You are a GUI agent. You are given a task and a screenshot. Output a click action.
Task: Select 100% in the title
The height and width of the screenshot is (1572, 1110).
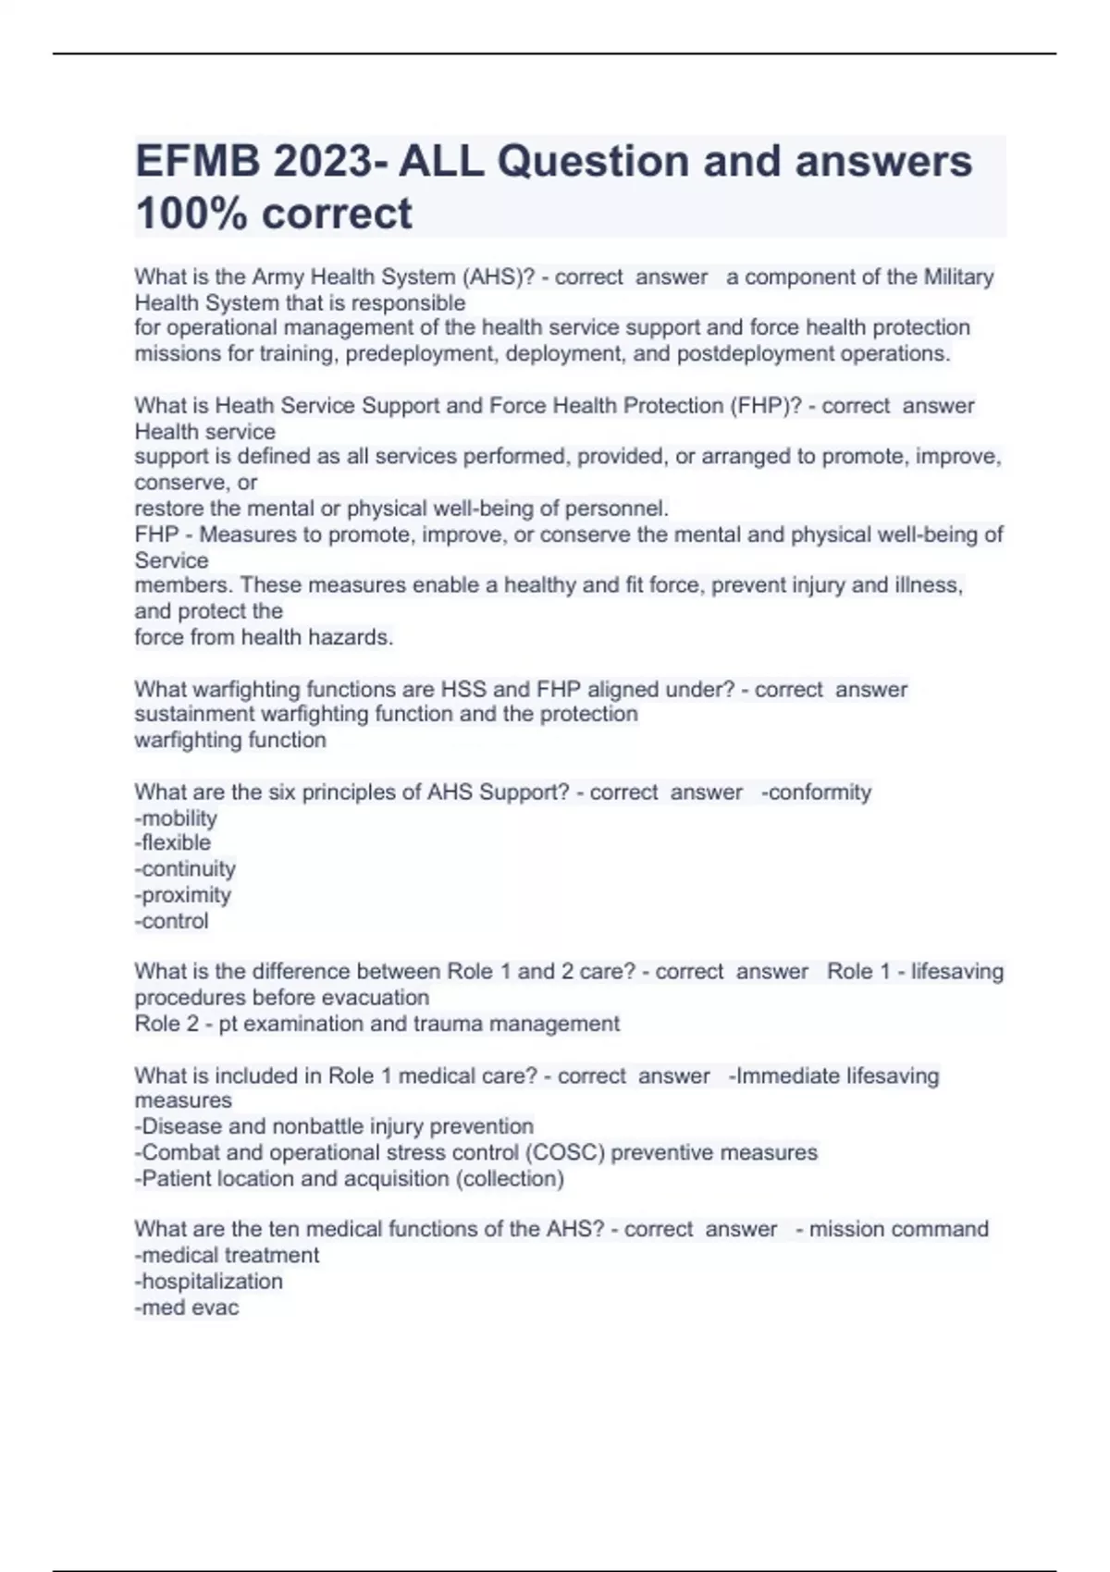(x=191, y=214)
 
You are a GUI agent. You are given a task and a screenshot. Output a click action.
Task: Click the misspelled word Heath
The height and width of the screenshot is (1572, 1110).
(x=244, y=405)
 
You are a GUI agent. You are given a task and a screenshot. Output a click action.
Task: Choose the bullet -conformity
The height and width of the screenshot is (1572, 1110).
(x=816, y=792)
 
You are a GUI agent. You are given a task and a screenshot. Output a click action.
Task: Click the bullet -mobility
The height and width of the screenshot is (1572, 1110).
(x=176, y=818)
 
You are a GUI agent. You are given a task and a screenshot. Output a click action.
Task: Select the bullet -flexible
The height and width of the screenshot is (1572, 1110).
(x=173, y=842)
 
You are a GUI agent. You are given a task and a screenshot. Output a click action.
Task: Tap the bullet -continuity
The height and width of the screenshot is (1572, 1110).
(x=185, y=869)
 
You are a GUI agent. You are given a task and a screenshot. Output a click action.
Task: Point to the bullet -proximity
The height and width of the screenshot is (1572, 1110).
(x=183, y=895)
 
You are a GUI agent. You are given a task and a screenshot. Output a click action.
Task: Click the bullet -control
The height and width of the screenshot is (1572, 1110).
(x=172, y=921)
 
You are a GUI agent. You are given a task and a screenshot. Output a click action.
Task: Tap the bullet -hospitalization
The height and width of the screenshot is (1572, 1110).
(x=209, y=1282)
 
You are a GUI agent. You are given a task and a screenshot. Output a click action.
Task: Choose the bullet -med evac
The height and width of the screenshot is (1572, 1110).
(x=187, y=1308)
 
